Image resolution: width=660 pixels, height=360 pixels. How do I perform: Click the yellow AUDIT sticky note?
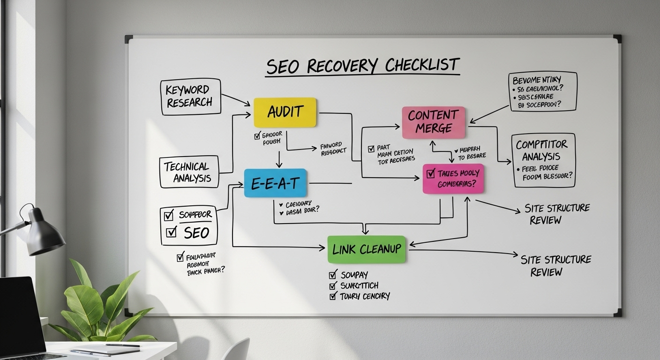(285, 112)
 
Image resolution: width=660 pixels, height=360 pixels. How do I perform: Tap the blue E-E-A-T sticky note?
(275, 183)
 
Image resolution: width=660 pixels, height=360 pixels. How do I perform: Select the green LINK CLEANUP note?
(366, 249)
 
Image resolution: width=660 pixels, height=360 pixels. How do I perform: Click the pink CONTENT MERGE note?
(433, 122)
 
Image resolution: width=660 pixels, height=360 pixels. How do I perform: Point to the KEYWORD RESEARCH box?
(190, 96)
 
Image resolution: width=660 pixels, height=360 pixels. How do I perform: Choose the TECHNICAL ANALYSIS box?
(189, 172)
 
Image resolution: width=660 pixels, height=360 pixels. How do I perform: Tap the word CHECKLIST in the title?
(422, 65)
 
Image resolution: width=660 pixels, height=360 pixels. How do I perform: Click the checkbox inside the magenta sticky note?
(431, 173)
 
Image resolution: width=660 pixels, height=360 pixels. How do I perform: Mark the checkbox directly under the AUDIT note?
(257, 136)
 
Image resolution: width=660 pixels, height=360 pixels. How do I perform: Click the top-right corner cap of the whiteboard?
(617, 38)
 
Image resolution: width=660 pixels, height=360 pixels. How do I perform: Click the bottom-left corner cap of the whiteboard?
(128, 312)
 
